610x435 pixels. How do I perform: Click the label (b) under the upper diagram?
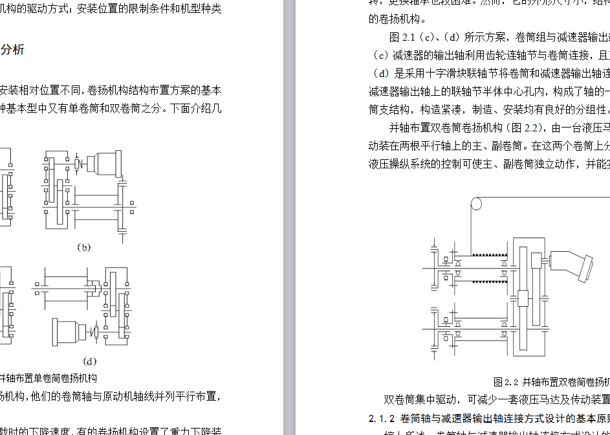(83, 247)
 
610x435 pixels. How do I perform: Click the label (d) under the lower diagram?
(89, 361)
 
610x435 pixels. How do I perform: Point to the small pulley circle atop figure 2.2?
(475, 204)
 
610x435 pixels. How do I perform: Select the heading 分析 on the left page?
(12, 50)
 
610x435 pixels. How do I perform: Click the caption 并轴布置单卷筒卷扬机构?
(49, 378)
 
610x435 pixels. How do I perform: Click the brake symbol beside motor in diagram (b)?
(77, 163)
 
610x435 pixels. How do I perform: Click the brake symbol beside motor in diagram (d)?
(96, 332)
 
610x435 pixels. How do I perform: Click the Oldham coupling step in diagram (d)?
(94, 286)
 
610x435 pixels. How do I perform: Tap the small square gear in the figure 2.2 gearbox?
(523, 298)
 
